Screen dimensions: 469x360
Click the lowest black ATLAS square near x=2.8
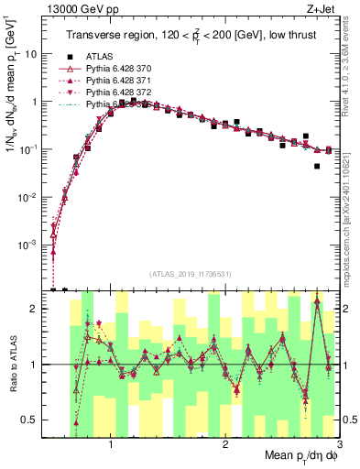(x=317, y=167)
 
